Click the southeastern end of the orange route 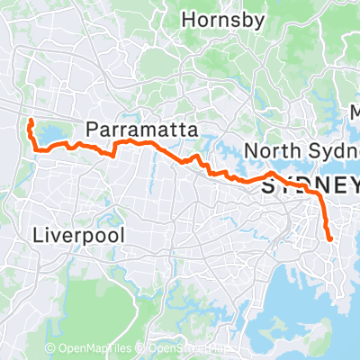click(330, 239)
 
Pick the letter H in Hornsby click(188, 18)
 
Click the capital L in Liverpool click(37, 236)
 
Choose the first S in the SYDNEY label click(267, 186)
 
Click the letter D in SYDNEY click(301, 186)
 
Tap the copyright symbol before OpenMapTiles click(50, 347)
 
